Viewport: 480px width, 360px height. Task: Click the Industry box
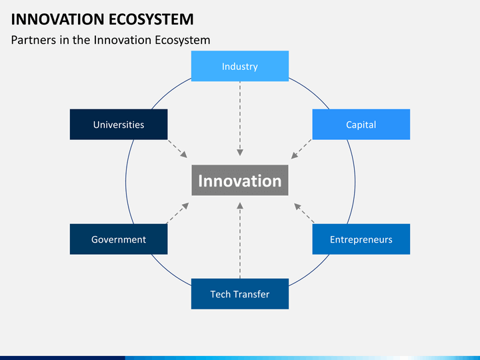[x=240, y=66]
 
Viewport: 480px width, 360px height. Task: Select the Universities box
[x=119, y=125]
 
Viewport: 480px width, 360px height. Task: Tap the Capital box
[x=361, y=125]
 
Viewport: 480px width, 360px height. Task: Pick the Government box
[x=119, y=239]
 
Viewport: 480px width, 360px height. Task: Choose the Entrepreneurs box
[x=361, y=239]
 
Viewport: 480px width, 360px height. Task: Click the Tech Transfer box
[x=240, y=294]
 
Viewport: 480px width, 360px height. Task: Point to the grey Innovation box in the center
[x=240, y=181]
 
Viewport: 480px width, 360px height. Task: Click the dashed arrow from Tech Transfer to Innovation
[x=240, y=240]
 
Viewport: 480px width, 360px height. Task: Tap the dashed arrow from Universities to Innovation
[x=177, y=149]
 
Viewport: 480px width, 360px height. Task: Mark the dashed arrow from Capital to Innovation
[x=301, y=149]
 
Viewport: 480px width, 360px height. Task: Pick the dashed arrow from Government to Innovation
[x=177, y=212]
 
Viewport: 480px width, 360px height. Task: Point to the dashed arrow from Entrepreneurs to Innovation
[x=304, y=213]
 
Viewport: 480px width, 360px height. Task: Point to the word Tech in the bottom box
[x=221, y=294]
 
